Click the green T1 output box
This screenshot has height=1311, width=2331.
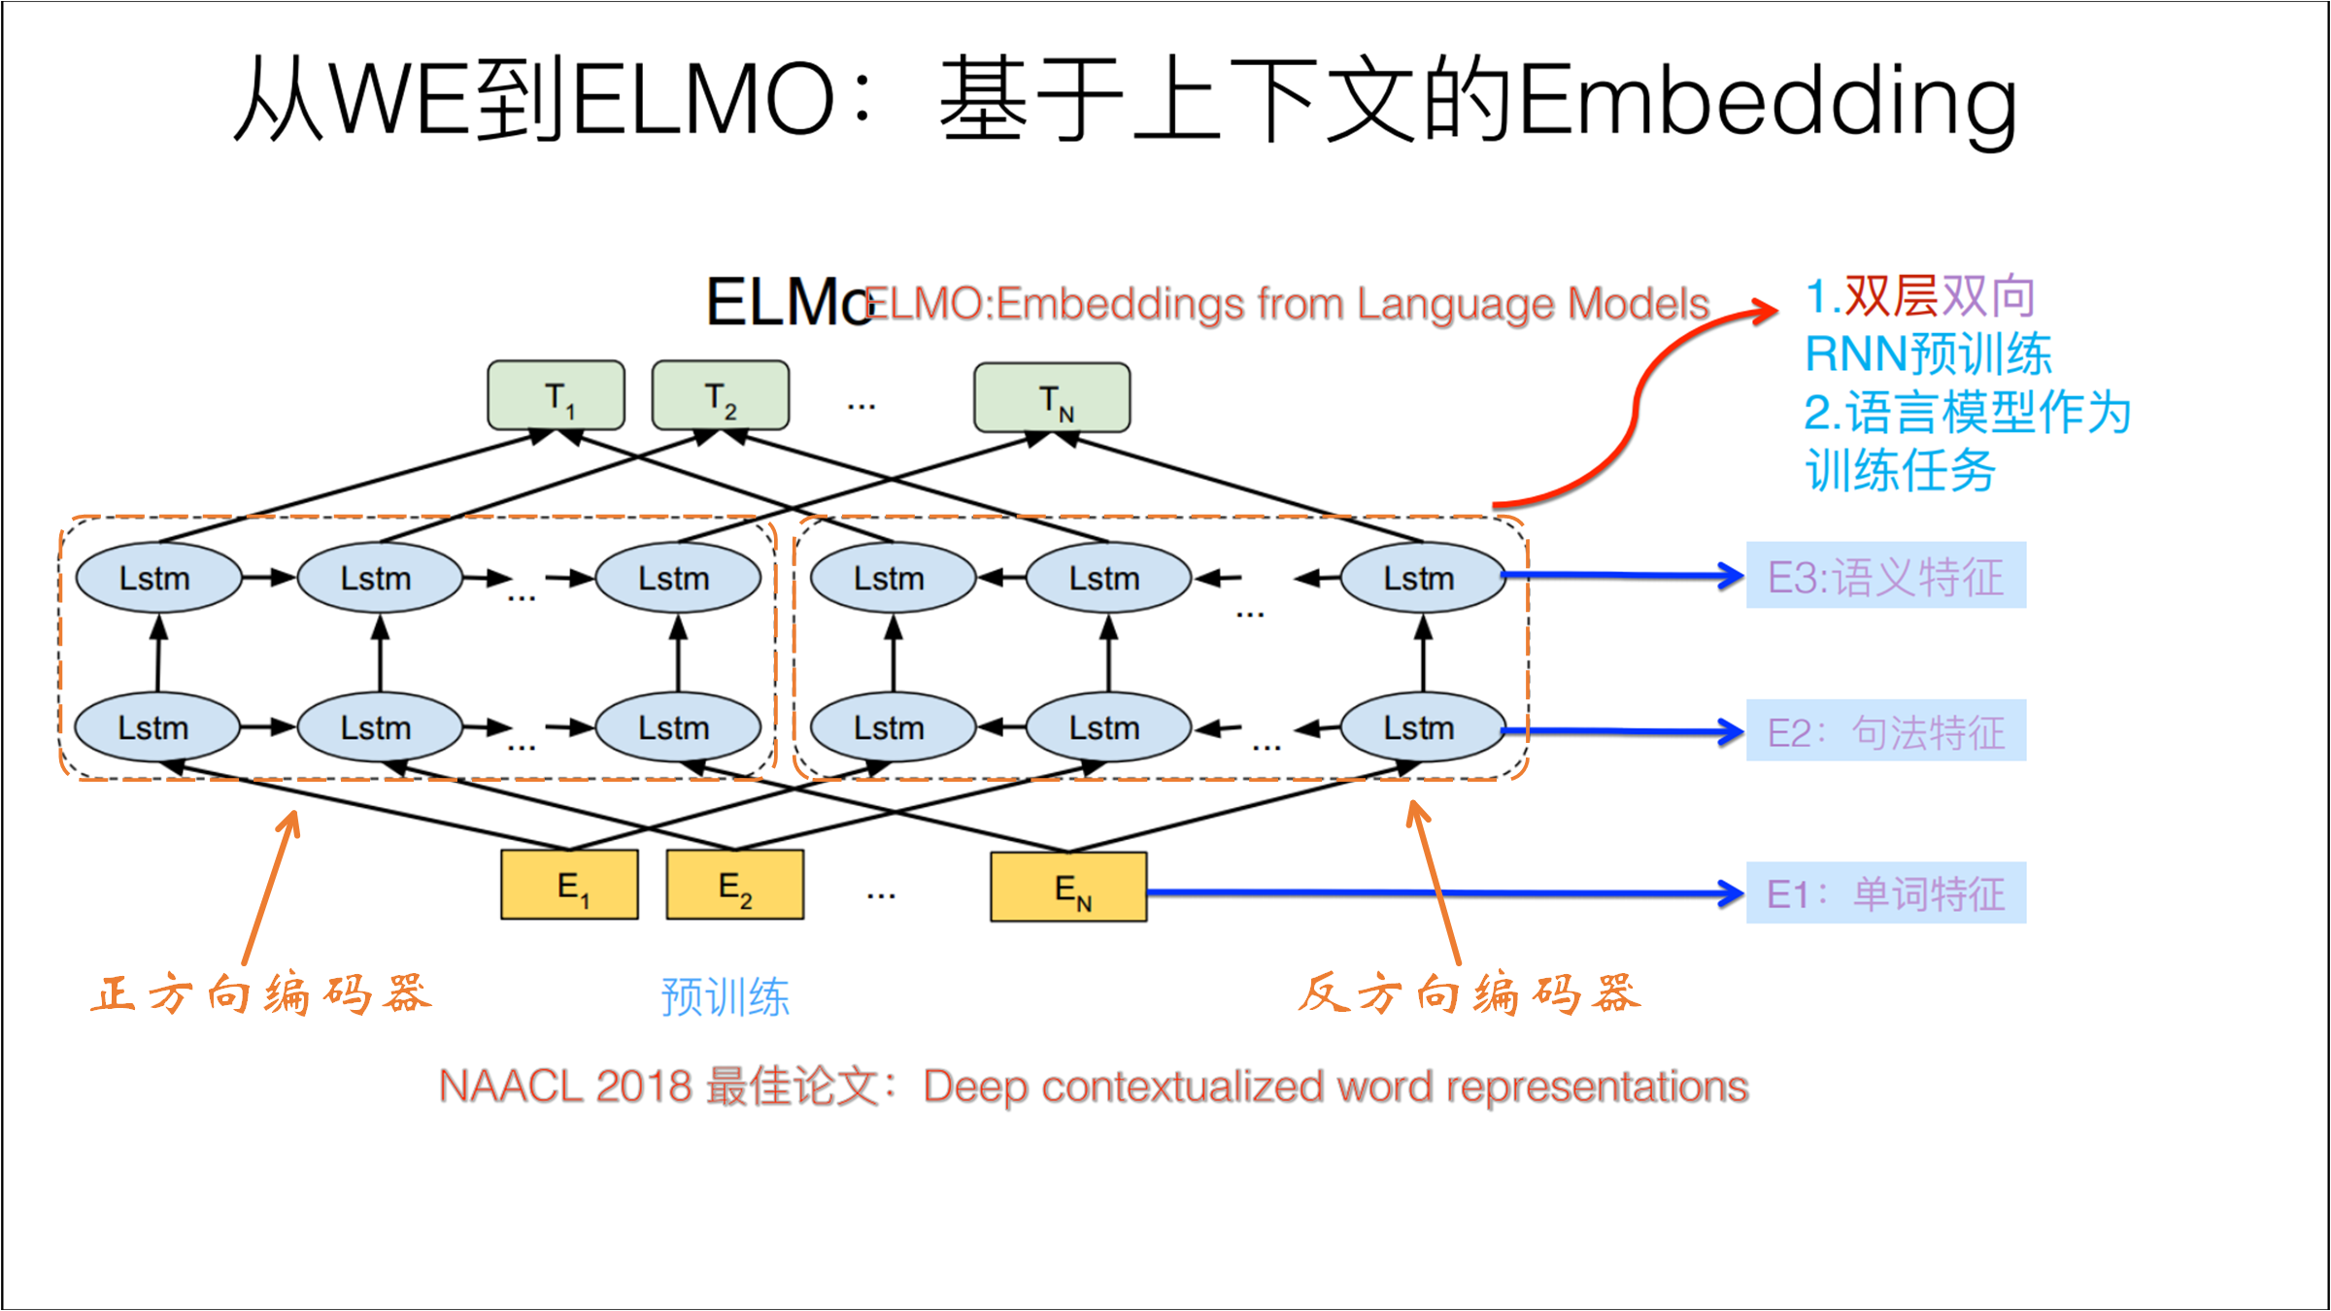click(x=556, y=395)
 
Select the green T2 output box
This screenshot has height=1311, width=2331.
click(x=721, y=395)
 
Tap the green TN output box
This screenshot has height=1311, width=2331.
click(x=1052, y=397)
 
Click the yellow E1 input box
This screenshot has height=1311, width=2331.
click(x=570, y=885)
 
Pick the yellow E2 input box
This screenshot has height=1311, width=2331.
click(x=735, y=885)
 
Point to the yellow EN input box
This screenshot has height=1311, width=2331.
click(x=1068, y=887)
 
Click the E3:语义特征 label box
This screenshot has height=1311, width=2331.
click(x=1885, y=576)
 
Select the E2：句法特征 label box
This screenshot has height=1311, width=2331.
click(x=1885, y=730)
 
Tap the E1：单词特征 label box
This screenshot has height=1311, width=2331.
click(x=1885, y=892)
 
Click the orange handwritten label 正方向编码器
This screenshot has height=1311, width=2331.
click(x=260, y=994)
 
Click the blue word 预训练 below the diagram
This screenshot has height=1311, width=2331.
click(x=725, y=997)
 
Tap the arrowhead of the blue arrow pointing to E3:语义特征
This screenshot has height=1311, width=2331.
click(x=1730, y=576)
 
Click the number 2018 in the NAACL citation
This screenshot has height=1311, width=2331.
click(x=643, y=1086)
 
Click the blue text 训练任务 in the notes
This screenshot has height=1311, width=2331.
click(x=1900, y=471)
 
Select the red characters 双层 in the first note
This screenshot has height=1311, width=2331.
click(x=1891, y=296)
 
